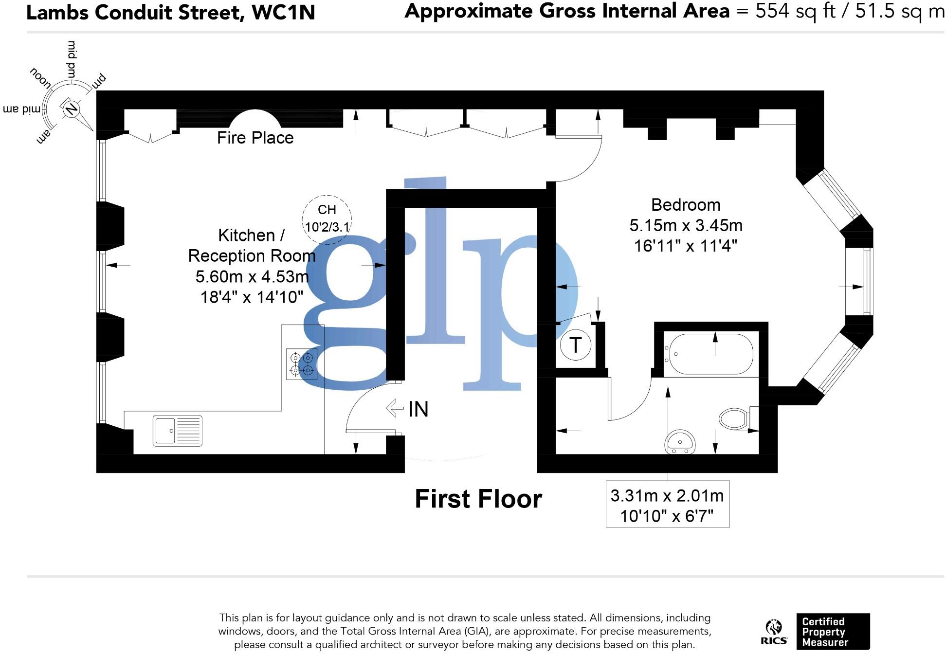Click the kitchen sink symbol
[x=177, y=431]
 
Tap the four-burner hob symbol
[x=301, y=364]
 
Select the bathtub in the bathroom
[x=711, y=354]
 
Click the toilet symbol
[x=735, y=418]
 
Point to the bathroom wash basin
[x=680, y=441]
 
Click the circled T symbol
[x=575, y=345]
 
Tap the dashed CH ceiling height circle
[x=327, y=218]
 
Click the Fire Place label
[x=255, y=138]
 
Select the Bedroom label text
[x=685, y=205]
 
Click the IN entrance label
[x=418, y=409]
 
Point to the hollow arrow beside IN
[x=395, y=408]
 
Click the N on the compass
[x=71, y=108]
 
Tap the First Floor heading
[x=478, y=499]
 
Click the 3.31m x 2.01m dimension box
[x=667, y=505]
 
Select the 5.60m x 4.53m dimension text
[x=252, y=276]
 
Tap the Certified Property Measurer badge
[x=832, y=631]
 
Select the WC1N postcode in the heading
[x=283, y=12]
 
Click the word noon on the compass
[x=40, y=78]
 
